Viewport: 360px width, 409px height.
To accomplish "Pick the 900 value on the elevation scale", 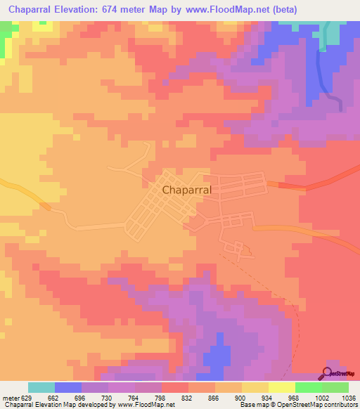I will (240, 397).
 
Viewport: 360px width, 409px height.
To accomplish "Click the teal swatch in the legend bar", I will (41, 387).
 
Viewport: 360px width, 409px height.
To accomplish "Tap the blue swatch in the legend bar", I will (68, 387).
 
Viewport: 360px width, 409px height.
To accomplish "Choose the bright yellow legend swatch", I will (282, 387).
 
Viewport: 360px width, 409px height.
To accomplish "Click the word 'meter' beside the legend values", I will (10, 397).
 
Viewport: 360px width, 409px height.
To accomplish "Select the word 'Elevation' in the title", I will (87, 9).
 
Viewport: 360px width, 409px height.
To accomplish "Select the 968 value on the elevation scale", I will (293, 397).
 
